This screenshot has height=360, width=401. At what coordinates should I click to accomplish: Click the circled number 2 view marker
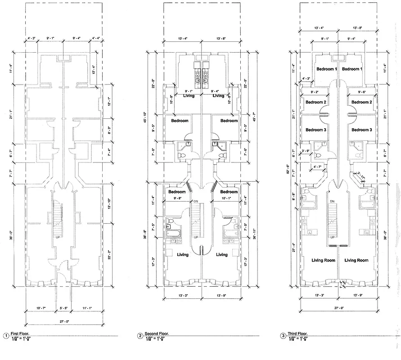coord(140,336)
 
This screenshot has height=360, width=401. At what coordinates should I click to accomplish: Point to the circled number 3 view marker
coord(283,336)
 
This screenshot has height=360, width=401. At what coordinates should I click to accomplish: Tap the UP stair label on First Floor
coord(57,237)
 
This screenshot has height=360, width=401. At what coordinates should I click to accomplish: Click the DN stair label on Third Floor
coord(332,201)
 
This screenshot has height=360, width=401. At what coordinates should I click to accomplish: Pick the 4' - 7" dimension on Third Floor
coord(317,167)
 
